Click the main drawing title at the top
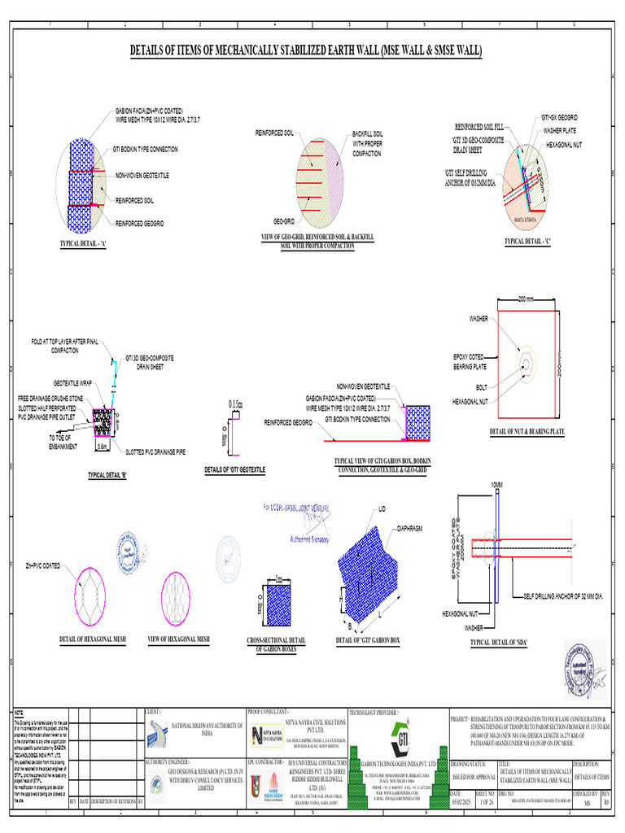point(307,51)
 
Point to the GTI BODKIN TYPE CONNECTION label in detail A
point(146,150)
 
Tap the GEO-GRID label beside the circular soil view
point(283,221)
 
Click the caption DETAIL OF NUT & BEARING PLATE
point(527,431)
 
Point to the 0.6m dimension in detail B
point(103,446)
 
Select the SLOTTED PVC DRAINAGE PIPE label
point(161,451)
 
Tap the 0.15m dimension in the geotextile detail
point(236,403)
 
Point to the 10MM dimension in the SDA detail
point(497,485)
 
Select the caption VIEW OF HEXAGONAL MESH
point(178,640)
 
